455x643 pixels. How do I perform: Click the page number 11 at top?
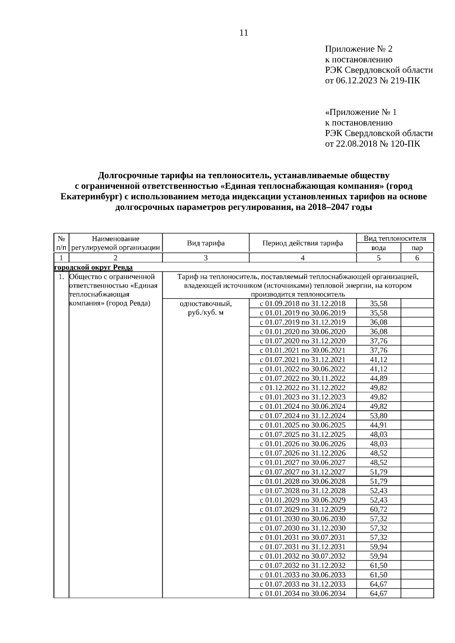coord(244,33)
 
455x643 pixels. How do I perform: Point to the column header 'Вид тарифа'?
coord(206,243)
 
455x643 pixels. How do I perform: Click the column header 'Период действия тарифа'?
coord(303,243)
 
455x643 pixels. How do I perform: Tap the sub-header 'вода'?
coord(378,248)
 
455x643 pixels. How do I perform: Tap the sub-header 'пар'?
coord(417,248)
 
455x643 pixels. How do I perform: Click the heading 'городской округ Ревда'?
coord(93,268)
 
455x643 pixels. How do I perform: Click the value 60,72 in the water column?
coord(378,510)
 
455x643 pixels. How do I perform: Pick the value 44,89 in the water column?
coord(378,379)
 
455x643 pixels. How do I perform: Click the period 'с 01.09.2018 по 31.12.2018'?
coord(303,304)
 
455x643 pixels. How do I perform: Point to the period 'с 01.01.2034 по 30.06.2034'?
coord(303,593)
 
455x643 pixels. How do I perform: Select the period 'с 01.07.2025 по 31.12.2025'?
coord(303,435)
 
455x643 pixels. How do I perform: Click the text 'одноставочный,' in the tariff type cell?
coord(206,304)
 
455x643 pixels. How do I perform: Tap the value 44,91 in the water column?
coord(378,425)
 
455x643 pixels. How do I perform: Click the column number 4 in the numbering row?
coord(303,258)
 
